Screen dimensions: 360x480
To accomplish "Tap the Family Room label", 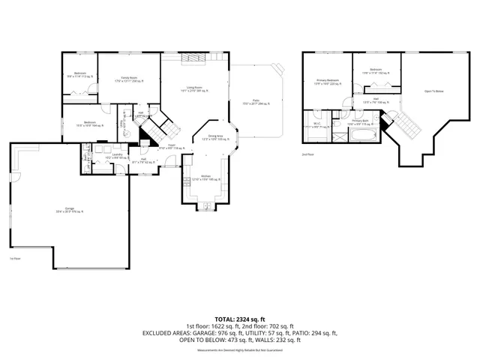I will click(x=129, y=78).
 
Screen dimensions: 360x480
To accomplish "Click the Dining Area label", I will click(x=217, y=138).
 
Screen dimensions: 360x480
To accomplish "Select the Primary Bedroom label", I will click(x=328, y=81).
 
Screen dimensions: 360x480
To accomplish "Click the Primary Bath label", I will click(x=360, y=121).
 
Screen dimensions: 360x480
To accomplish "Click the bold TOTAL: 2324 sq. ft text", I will click(x=239, y=319).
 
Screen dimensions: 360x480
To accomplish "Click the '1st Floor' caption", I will click(x=13, y=259).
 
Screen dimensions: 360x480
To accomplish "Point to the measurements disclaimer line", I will click(x=239, y=350).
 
